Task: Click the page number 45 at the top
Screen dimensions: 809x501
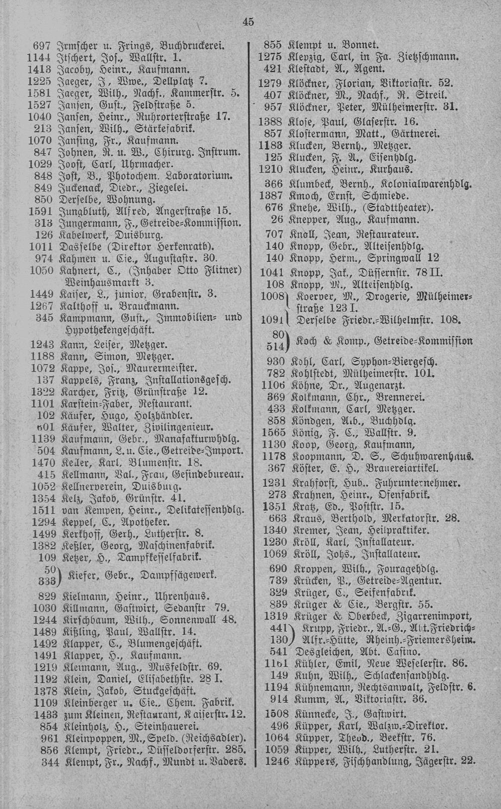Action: click(248, 21)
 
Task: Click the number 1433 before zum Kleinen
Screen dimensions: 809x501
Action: click(42, 714)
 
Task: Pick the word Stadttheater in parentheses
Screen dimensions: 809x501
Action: click(399, 207)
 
